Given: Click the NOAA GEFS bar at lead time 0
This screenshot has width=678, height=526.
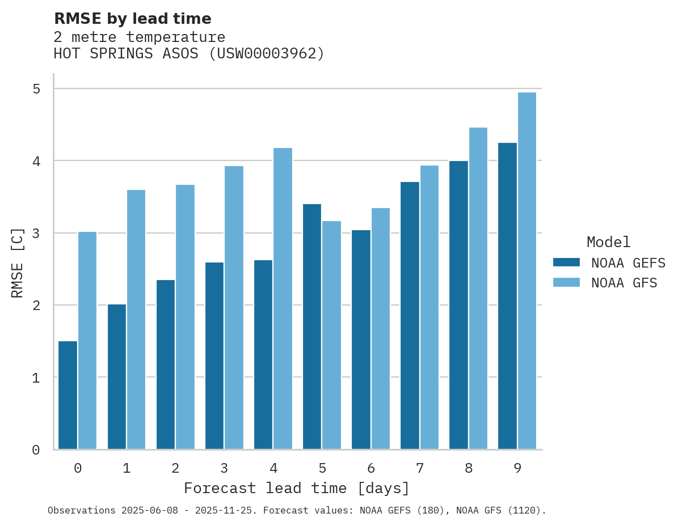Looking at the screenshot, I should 68,395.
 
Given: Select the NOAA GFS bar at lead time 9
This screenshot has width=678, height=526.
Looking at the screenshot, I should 527,271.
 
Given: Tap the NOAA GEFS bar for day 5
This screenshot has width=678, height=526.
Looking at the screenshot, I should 312,326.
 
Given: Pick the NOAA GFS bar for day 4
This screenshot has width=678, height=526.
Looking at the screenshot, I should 283,299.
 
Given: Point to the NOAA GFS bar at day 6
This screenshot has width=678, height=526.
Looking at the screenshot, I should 381,329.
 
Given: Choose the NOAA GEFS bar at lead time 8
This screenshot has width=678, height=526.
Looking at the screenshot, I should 458,305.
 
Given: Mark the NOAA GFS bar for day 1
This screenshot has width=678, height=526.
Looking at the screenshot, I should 136,320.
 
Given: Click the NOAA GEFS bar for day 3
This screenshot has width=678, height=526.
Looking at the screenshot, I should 214,356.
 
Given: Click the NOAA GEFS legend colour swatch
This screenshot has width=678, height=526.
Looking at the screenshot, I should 566,262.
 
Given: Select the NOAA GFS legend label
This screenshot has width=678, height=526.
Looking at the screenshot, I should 624,283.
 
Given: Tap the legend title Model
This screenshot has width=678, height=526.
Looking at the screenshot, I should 608,243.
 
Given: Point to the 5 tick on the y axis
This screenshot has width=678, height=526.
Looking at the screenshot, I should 36,89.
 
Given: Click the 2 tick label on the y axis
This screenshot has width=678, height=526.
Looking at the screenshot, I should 36,306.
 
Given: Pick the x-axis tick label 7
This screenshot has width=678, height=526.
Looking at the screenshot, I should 420,468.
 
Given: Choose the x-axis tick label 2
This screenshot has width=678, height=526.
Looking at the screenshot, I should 175,468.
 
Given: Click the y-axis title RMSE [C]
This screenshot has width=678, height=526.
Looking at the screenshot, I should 18,262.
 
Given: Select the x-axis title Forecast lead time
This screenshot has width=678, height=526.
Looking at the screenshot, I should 296,488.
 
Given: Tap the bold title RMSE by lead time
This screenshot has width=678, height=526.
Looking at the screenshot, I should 132,19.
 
